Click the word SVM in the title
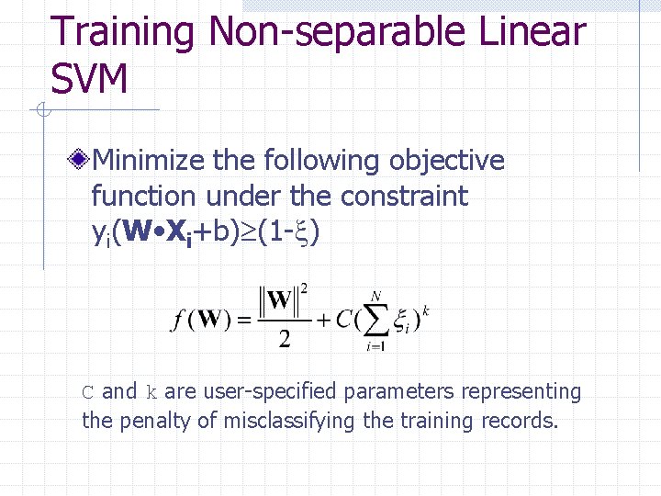89,80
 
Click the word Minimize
150,161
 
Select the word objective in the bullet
447,161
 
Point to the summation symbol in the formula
375,320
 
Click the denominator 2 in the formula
285,339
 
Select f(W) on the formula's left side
199,321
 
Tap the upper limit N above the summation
375,296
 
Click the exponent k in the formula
426,310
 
